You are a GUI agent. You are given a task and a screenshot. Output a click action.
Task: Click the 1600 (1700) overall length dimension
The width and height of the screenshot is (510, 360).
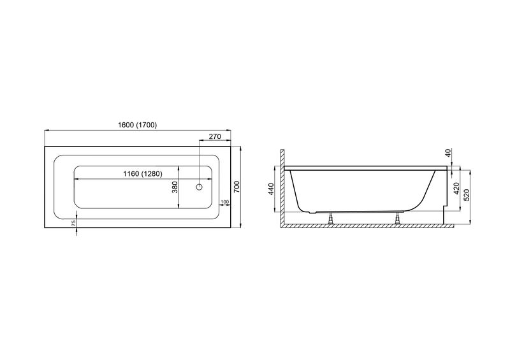pos(137,125)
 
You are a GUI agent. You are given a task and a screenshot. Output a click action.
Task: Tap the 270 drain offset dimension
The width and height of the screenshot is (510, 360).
pos(215,136)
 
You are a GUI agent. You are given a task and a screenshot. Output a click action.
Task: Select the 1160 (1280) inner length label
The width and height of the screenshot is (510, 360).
pos(142,174)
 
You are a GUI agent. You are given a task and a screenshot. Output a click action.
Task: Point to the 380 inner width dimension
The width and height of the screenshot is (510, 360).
pos(175,187)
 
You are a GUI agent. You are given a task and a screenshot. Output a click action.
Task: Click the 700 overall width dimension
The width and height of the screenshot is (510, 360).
pos(237,187)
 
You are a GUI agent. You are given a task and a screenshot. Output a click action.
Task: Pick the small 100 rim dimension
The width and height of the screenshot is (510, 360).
pos(225,202)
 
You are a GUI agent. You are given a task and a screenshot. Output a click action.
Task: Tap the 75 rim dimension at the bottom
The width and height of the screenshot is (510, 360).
pos(73,223)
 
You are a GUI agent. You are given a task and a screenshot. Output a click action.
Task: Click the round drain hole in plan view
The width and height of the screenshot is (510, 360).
pos(199,187)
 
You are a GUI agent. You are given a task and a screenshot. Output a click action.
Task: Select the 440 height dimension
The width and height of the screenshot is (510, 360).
pos(272,189)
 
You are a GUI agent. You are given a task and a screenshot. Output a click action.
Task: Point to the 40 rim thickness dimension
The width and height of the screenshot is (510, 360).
pos(449,153)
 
